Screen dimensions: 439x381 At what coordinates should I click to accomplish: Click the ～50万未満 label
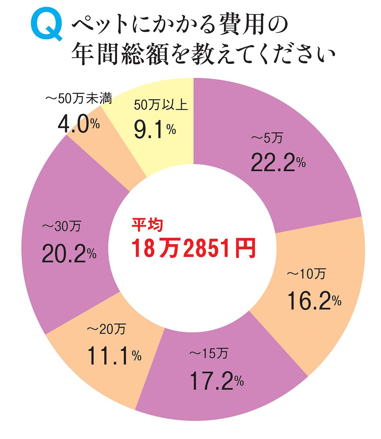79,100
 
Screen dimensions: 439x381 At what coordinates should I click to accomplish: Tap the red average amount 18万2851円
193,248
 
